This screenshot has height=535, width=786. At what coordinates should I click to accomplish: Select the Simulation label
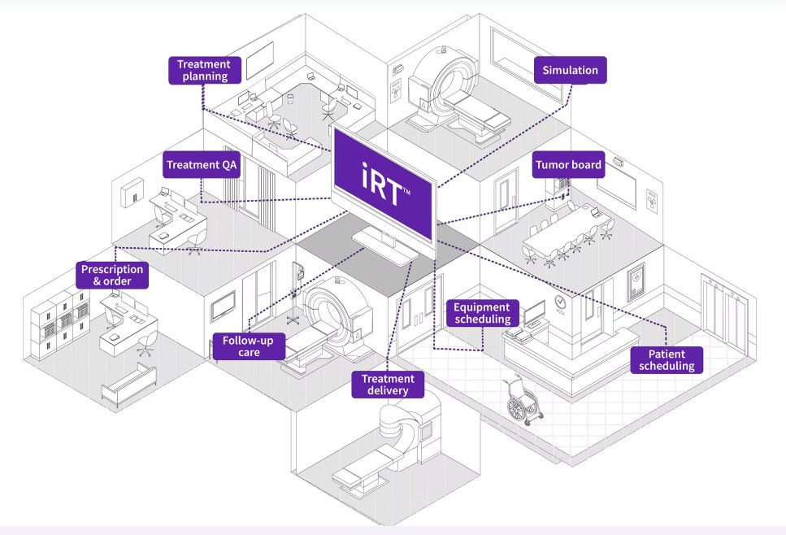click(x=570, y=70)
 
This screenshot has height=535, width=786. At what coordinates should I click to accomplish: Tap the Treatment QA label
click(x=200, y=165)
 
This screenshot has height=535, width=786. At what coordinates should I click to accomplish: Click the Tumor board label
click(x=568, y=165)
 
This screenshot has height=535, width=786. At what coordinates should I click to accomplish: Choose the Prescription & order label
click(x=112, y=275)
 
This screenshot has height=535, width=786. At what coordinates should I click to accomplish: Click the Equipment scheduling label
click(x=482, y=313)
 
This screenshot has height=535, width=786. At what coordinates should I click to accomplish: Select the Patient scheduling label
click(x=667, y=359)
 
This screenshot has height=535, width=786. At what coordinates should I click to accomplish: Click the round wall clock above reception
click(x=560, y=300)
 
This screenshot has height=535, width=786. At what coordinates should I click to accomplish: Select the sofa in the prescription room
click(x=128, y=382)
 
